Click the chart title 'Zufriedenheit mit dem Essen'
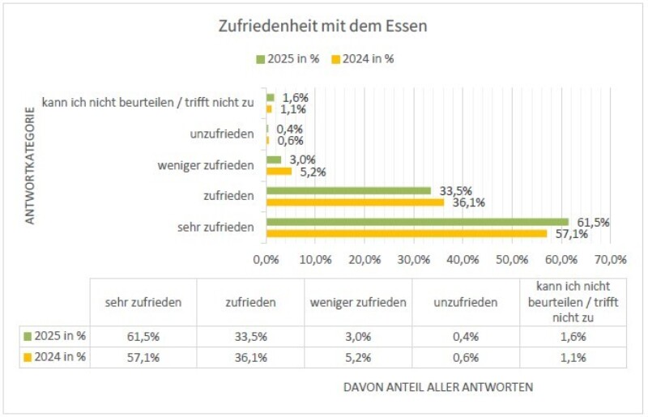pos(322,26)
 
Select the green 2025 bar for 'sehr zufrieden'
pos(417,222)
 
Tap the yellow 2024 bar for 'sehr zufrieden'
pos(406,233)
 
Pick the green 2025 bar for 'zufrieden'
pos(348,191)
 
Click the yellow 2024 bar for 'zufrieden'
pos(355,202)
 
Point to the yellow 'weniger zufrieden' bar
pos(279,171)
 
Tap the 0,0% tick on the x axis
pos(266,260)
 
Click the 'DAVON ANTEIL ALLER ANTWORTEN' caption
pos(438,387)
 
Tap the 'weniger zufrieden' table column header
pos(358,302)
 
